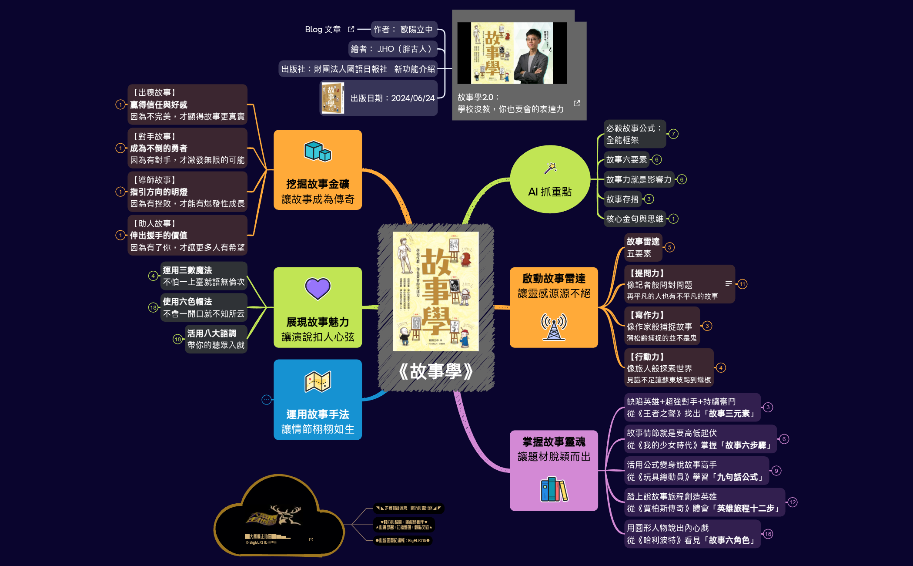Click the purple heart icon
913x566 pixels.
318,288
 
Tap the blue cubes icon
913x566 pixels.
318,151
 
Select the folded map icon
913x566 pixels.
318,382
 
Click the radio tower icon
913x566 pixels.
553,326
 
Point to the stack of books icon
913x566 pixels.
553,489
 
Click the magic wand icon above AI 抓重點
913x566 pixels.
550,168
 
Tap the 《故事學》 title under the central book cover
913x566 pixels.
435,371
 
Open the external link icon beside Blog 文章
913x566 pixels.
351,29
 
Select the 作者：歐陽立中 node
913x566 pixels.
403,29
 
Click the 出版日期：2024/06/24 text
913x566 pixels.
392,98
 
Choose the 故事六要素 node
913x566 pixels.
626,159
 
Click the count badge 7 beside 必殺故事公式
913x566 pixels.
673,134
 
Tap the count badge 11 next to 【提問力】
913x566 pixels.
742,284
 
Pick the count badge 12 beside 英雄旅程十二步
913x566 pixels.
792,502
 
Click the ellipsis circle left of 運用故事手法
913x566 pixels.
267,399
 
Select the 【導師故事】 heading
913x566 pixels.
154,180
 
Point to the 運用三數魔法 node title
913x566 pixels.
187,270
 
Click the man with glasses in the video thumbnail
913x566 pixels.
532,54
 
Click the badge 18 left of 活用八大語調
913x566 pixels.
177,339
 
